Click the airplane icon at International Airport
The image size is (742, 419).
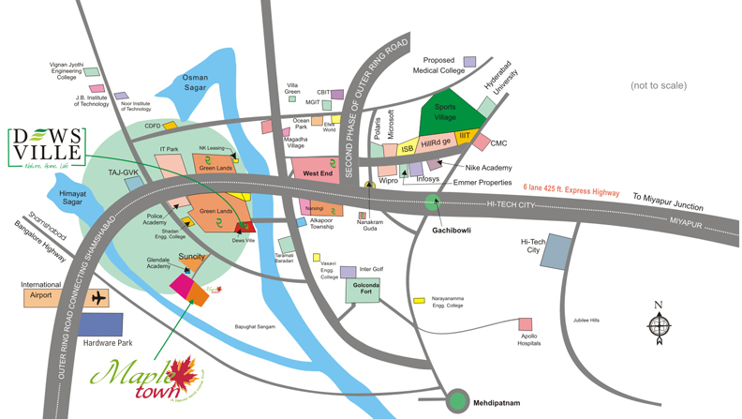point(97,298)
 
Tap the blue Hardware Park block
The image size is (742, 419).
point(100,325)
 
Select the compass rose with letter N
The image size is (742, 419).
point(658,324)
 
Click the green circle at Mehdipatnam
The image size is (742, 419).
point(458,400)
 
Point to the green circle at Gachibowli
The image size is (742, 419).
point(431,201)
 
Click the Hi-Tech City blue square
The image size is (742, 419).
point(559,251)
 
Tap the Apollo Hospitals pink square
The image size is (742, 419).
point(526,324)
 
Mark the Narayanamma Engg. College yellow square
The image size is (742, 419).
point(418,301)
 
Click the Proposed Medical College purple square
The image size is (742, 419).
point(469,62)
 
